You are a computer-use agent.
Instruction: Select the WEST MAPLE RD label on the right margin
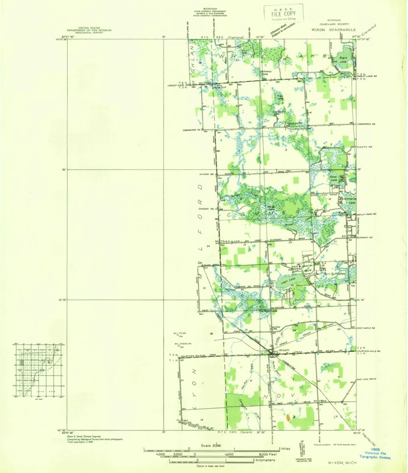click(365, 329)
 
